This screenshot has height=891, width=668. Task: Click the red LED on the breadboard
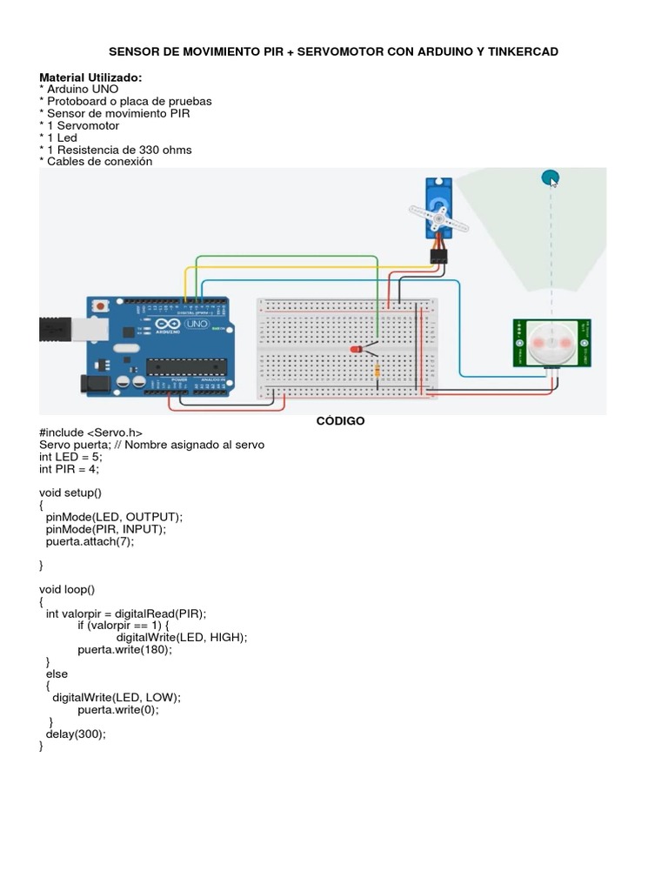(x=356, y=349)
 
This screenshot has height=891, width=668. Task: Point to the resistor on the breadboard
(x=377, y=371)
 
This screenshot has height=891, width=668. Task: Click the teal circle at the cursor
(x=549, y=178)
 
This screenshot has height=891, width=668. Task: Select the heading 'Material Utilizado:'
(x=90, y=77)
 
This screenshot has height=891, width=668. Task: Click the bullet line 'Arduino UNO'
(x=82, y=89)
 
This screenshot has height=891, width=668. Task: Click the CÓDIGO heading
(x=340, y=421)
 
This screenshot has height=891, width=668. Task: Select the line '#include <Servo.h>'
(x=90, y=432)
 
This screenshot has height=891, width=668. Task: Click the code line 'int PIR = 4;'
(x=70, y=469)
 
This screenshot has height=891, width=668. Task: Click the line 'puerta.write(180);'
(x=125, y=649)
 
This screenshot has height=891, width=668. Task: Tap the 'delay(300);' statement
(x=76, y=734)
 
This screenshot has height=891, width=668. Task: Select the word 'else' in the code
(x=57, y=673)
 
